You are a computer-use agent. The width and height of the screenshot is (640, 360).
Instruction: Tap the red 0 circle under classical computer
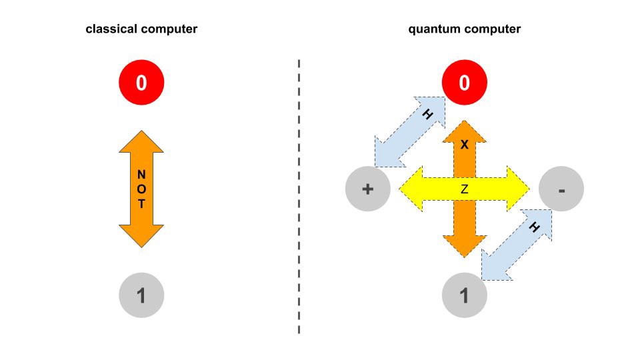click(141, 83)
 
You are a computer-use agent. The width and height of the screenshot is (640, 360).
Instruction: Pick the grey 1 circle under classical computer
click(141, 295)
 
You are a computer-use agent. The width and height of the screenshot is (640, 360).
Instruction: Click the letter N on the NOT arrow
click(141, 175)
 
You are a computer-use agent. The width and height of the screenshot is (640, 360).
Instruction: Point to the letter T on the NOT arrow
click(141, 204)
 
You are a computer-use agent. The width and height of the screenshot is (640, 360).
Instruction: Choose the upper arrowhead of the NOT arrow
click(141, 143)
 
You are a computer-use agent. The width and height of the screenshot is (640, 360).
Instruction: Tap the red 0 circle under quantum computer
click(465, 83)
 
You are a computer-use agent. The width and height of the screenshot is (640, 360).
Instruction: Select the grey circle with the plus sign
click(367, 189)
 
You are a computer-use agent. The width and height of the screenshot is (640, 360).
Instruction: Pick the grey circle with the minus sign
click(561, 190)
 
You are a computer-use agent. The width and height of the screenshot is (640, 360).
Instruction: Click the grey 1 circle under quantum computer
click(465, 295)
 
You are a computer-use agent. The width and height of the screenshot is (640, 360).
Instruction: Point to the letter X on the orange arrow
click(465, 144)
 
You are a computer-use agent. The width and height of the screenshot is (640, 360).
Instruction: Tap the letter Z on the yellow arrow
click(465, 189)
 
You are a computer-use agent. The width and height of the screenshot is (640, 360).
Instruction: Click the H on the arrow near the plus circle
click(427, 114)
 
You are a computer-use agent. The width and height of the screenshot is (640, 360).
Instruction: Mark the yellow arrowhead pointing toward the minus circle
click(518, 190)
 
